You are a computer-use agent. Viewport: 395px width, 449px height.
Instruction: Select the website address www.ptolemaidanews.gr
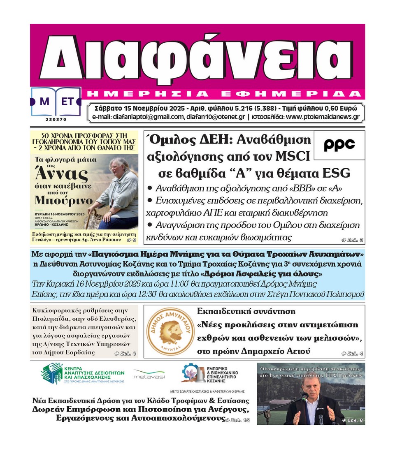[x=322, y=117]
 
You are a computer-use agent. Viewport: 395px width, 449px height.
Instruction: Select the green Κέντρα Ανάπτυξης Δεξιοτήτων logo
[x=82, y=373]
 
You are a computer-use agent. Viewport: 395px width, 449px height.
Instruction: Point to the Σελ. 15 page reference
[x=238, y=420]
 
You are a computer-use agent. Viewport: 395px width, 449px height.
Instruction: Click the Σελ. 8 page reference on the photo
[x=355, y=420]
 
